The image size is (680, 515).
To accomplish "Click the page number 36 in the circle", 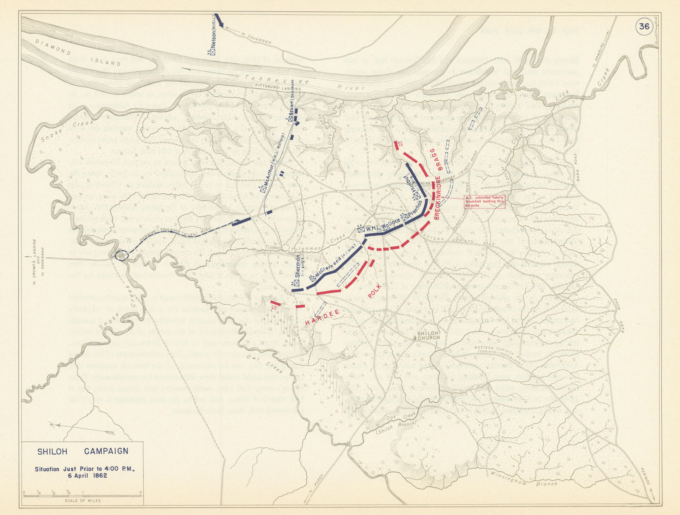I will click(644, 27).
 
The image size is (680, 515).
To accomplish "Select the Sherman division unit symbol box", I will click(297, 283).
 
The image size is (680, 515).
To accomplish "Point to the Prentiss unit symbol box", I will click(405, 217).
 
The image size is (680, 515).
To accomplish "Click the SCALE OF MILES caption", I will click(83, 501).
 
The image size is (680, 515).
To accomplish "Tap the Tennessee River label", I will click(306, 82).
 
